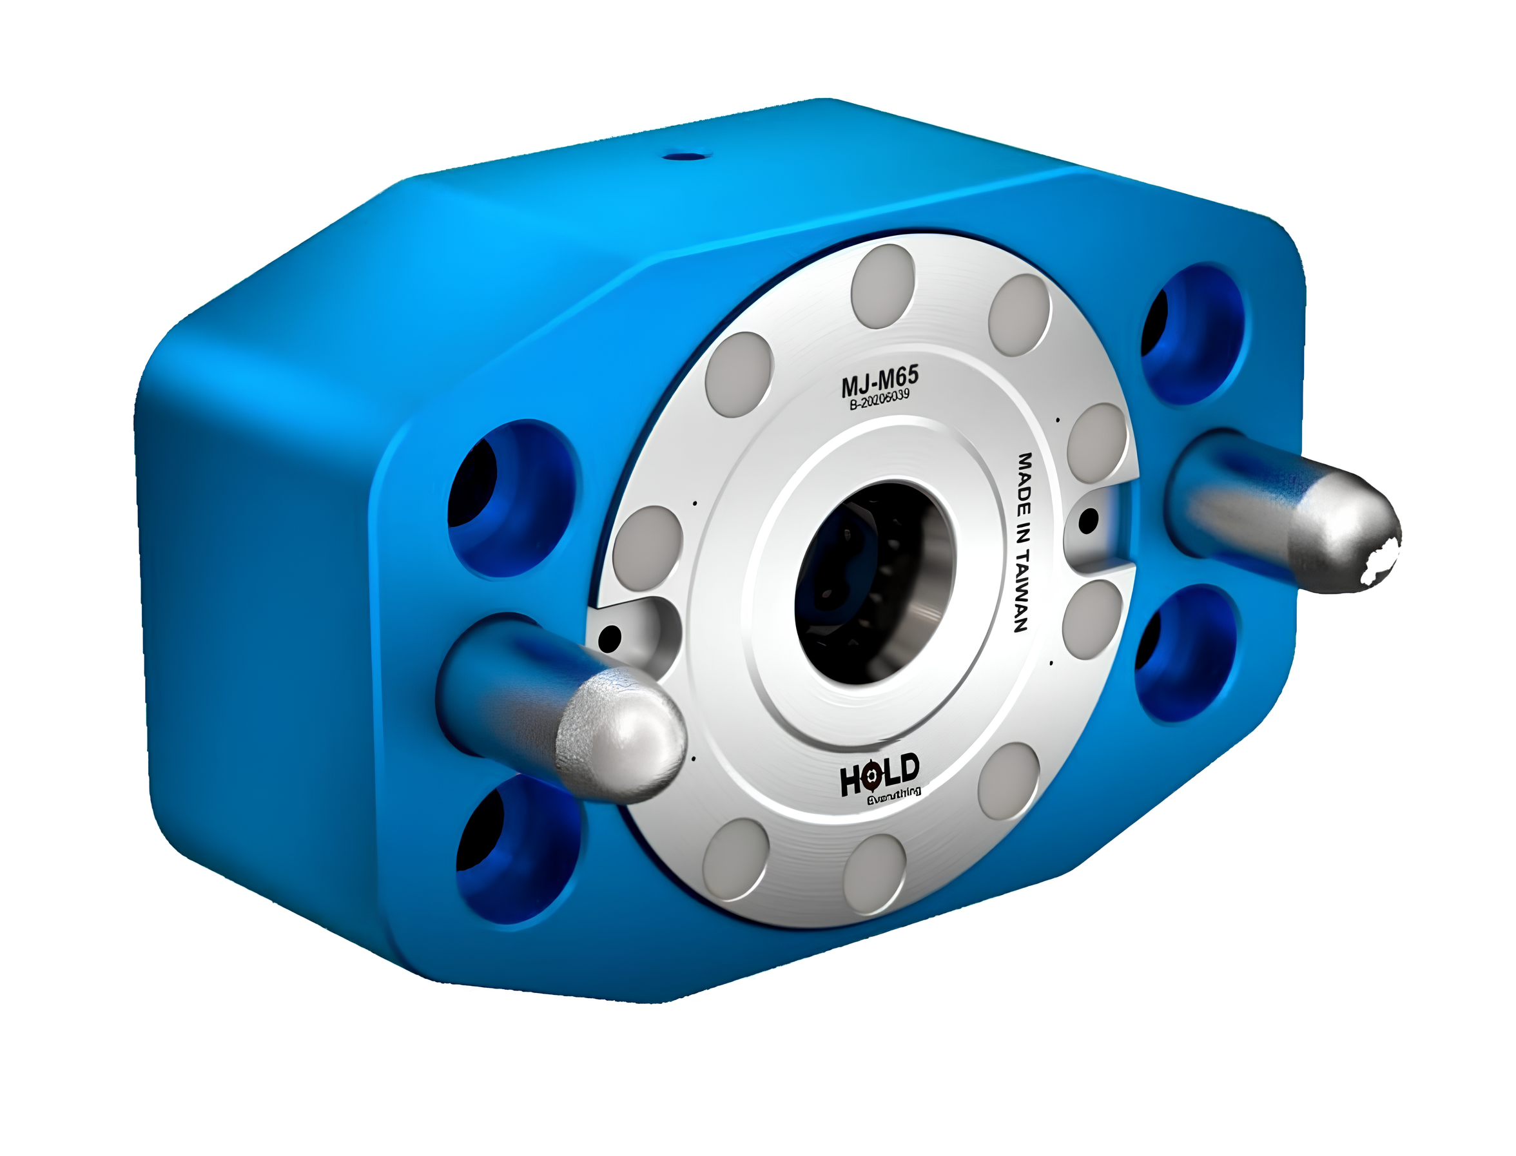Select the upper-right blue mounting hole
click(x=1190, y=334)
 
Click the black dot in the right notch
click(x=1088, y=521)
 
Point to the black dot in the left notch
click(x=610, y=638)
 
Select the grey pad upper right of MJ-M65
click(x=1020, y=315)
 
